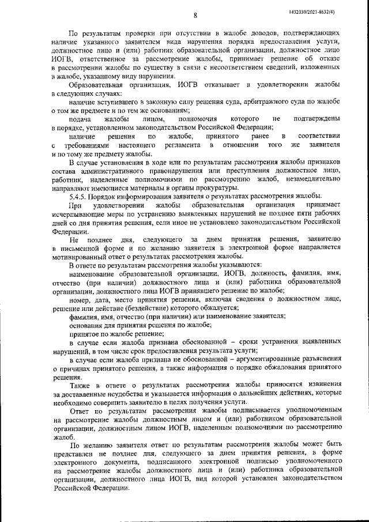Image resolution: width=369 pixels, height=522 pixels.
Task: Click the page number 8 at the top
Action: pyautogui.click(x=195, y=15)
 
